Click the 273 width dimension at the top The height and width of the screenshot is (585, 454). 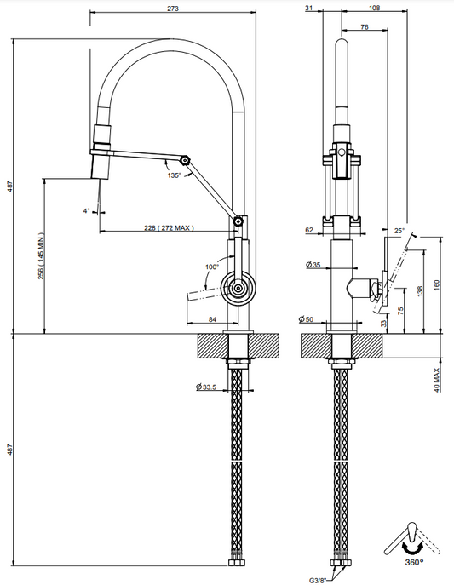173,9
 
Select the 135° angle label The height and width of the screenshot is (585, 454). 174,175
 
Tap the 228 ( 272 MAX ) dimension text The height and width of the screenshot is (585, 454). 169,227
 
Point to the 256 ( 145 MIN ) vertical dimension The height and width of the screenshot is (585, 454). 41,256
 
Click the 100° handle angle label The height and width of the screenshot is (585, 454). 212,267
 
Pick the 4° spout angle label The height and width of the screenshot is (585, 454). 87,211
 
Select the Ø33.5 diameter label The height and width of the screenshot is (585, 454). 206,387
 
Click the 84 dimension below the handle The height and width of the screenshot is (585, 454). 212,319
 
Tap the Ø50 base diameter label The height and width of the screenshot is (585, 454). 306,319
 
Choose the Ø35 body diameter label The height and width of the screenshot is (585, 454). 313,265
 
